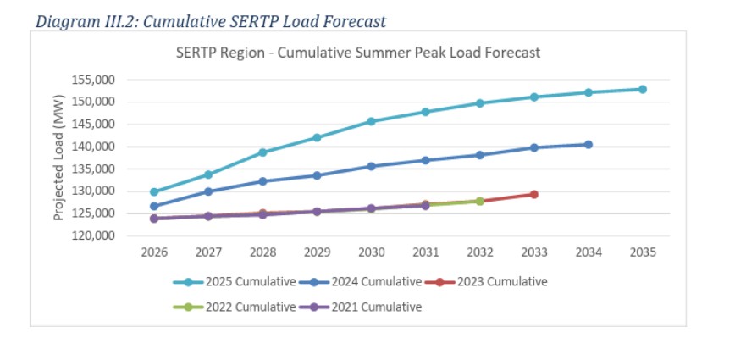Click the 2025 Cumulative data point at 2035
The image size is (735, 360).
point(643,89)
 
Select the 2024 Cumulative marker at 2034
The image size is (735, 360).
point(589,145)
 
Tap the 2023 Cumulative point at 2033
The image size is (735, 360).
point(534,194)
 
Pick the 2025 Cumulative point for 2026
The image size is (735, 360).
point(154,192)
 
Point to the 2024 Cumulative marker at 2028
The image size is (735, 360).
point(262,181)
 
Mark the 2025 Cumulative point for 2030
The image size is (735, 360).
point(371,121)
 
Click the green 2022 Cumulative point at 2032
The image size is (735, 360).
point(480,201)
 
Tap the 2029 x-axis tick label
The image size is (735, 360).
point(317,252)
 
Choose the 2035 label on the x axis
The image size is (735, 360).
point(643,252)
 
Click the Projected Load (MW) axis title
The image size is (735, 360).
point(59,158)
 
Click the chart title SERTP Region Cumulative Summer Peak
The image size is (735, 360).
point(357,53)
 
